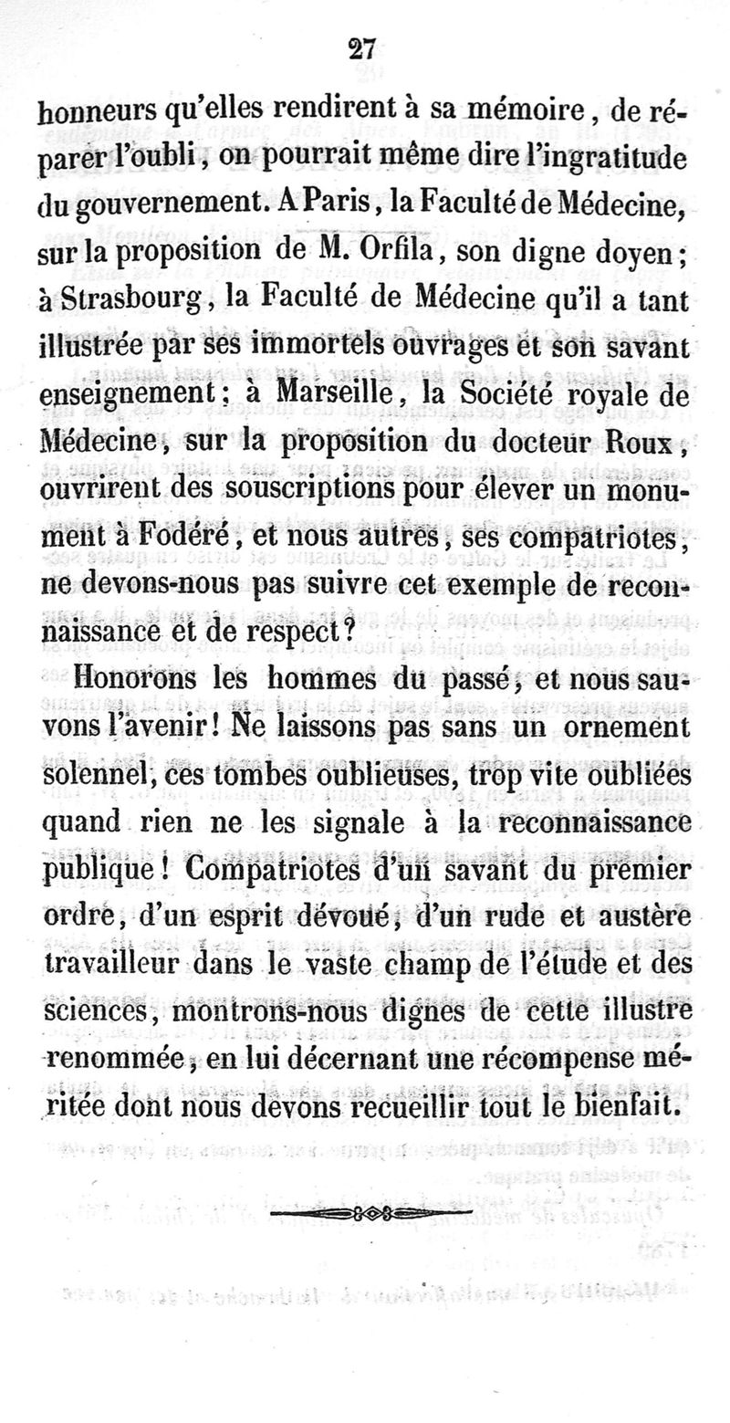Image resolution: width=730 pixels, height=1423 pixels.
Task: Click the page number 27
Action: pos(363,49)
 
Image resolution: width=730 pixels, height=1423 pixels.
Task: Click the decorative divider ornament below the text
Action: pos(370,1214)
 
